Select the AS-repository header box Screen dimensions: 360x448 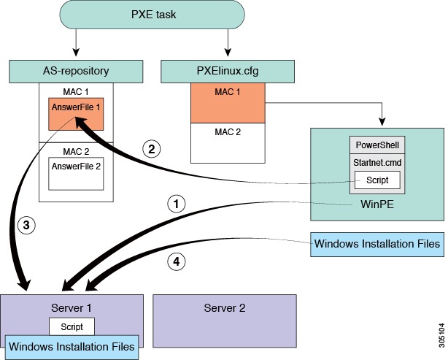click(x=76, y=72)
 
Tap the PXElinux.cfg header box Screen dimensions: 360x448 click(x=227, y=72)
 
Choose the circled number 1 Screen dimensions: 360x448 click(x=174, y=203)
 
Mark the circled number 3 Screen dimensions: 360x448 click(x=26, y=227)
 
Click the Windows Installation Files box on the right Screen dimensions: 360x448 click(x=377, y=244)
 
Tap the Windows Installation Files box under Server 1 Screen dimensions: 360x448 click(x=73, y=345)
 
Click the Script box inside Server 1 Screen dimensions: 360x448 click(x=72, y=326)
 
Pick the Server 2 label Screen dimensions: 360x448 click(x=224, y=307)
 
